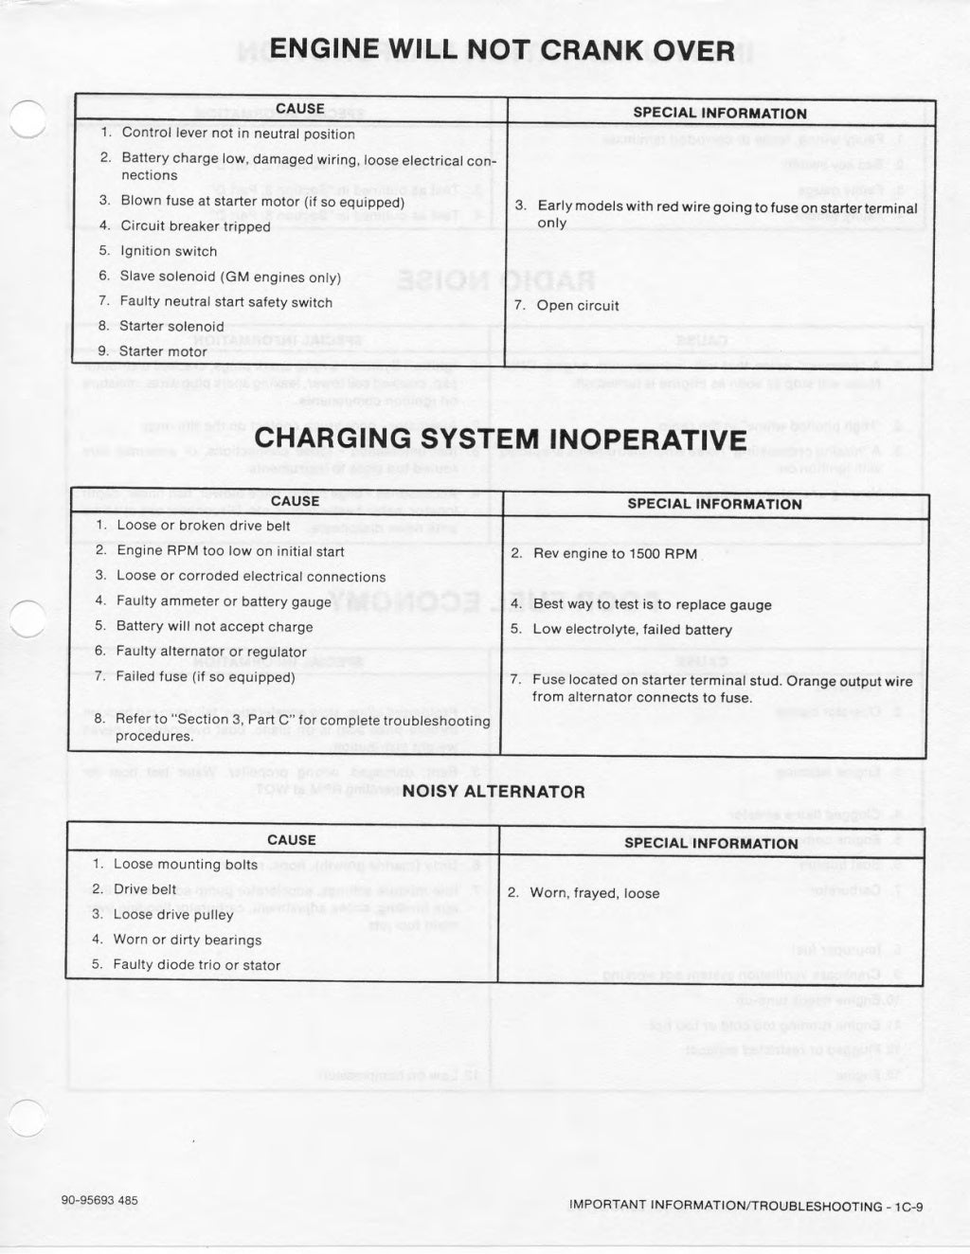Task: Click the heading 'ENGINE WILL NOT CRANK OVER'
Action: tap(502, 49)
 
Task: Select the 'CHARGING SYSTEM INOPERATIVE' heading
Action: tap(500, 439)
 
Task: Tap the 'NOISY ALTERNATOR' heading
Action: tap(494, 791)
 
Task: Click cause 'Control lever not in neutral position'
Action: tap(238, 134)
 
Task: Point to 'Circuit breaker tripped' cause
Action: tap(195, 226)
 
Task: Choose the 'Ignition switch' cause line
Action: tap(169, 251)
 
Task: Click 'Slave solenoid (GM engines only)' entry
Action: tap(230, 277)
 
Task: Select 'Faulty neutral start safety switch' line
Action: tap(225, 302)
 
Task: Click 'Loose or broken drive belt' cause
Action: tap(204, 525)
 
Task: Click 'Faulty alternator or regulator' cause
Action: tap(211, 652)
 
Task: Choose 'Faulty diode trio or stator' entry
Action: tap(196, 965)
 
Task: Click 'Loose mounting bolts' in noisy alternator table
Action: tap(185, 864)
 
